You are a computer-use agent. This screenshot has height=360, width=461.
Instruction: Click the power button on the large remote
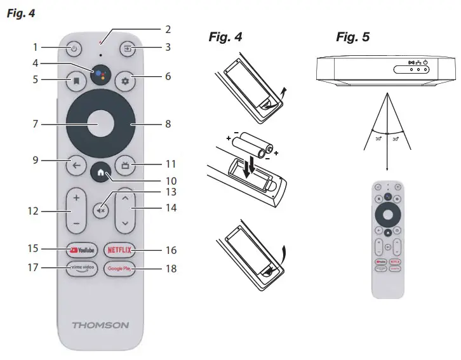(x=74, y=48)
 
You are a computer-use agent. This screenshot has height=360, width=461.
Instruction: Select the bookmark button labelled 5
(x=74, y=81)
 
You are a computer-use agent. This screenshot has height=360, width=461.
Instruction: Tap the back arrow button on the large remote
(x=76, y=166)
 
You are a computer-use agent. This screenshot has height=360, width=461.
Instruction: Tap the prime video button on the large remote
(x=81, y=268)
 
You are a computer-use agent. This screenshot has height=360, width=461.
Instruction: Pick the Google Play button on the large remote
(x=119, y=268)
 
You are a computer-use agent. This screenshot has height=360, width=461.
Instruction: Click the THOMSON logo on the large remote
(x=100, y=325)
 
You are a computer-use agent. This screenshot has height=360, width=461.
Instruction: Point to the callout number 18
(x=170, y=269)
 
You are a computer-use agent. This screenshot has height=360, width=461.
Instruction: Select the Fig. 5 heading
(x=352, y=37)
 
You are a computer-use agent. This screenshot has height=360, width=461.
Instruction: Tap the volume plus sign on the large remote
(x=76, y=197)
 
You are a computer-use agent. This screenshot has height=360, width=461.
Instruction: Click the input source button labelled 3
(x=127, y=48)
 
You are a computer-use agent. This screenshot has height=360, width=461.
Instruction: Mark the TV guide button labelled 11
(x=125, y=166)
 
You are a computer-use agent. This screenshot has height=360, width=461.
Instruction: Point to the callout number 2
(x=168, y=29)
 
